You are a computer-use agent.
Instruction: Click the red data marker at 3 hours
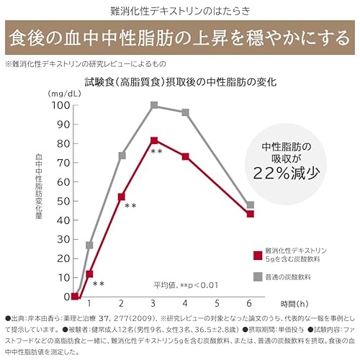(154, 140)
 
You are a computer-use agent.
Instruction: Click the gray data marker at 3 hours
(154, 105)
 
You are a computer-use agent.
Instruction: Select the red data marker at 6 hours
(250, 214)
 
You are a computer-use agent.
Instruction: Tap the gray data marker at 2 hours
(122, 156)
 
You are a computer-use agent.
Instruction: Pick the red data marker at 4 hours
(186, 156)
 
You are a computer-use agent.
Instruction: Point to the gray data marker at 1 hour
(90, 245)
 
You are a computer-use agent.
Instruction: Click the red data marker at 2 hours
(122, 197)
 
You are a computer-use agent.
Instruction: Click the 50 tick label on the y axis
(63, 201)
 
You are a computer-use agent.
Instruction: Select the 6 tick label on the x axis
(250, 304)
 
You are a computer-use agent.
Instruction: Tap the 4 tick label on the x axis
(186, 304)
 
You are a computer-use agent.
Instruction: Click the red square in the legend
(257, 254)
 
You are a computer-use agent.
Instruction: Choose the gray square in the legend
(257, 276)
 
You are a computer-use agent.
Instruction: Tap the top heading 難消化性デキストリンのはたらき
(180, 11)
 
